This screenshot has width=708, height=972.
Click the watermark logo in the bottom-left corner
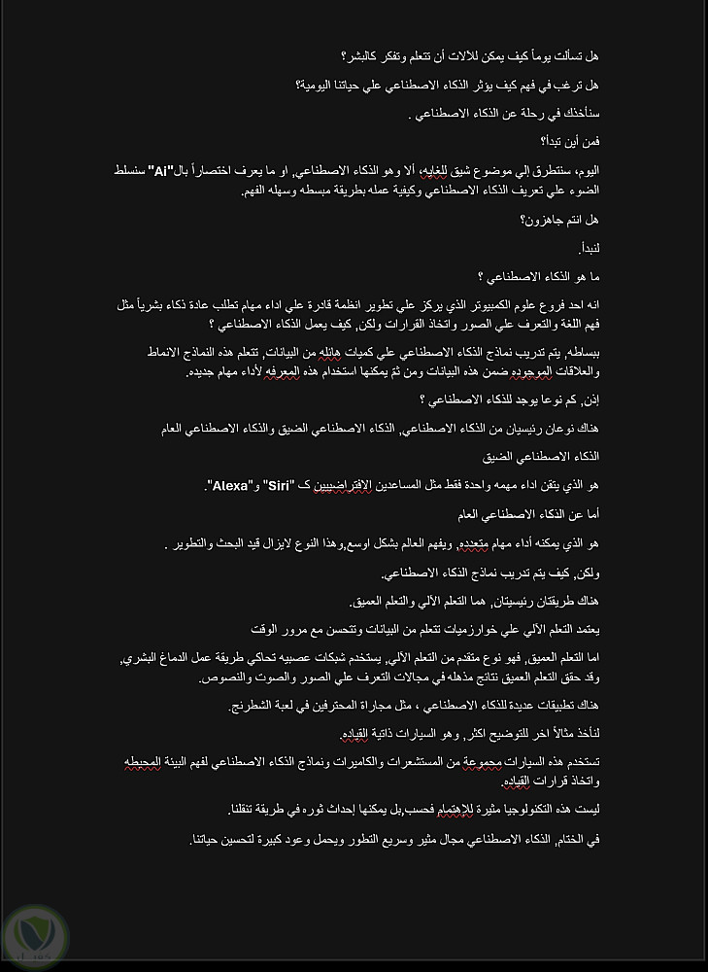coord(36,930)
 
